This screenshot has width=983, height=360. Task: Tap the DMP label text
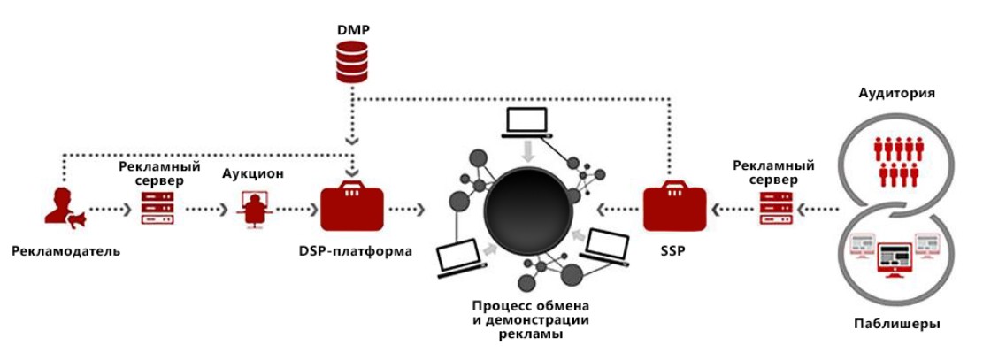[353, 30]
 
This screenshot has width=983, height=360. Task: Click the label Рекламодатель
[65, 250]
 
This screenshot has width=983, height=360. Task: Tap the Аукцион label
[253, 173]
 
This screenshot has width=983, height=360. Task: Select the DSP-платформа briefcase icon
[352, 207]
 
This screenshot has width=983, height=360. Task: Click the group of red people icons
[898, 159]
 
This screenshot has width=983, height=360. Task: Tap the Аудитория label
[897, 93]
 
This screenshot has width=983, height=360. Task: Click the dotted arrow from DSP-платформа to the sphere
[407, 210]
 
